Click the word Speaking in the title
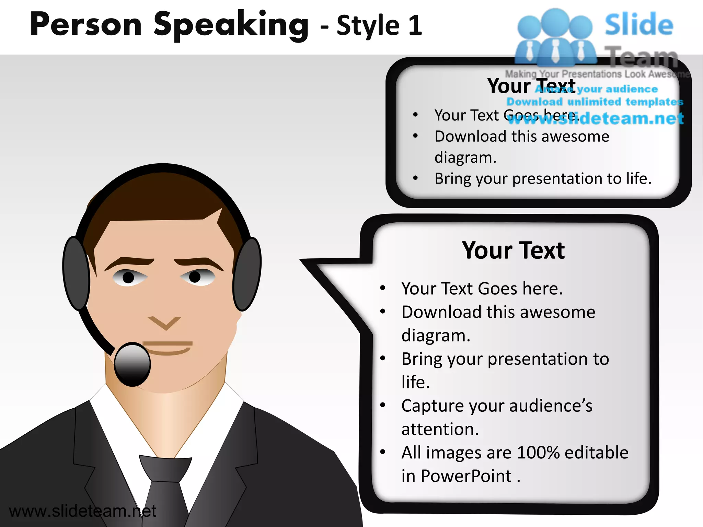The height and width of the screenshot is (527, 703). click(231, 25)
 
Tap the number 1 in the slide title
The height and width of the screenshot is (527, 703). click(415, 25)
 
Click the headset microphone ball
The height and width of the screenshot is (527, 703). click(132, 364)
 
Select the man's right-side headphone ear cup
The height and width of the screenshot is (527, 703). click(247, 273)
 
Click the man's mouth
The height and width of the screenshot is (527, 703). click(168, 347)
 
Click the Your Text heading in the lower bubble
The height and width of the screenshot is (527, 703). click(513, 250)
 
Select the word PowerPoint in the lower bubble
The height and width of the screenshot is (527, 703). click(466, 476)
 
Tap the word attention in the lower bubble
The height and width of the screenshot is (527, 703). click(440, 430)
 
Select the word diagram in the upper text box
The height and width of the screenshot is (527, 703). click(465, 158)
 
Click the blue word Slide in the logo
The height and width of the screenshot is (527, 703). click(638, 25)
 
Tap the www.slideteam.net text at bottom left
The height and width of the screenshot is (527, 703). click(82, 511)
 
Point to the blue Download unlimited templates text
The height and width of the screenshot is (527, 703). click(595, 102)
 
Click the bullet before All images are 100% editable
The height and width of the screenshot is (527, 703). click(383, 452)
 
